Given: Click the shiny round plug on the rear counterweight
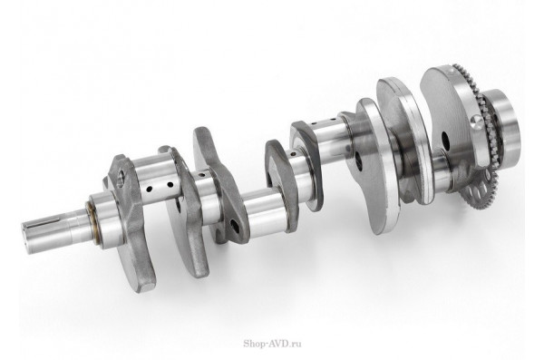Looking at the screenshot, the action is click(476, 122).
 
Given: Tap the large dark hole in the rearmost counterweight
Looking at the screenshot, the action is click(446, 141).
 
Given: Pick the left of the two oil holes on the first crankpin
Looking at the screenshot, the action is click(150, 190).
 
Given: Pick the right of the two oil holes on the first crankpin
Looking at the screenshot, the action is click(170, 184).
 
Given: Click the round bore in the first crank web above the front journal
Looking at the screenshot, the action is click(121, 176).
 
